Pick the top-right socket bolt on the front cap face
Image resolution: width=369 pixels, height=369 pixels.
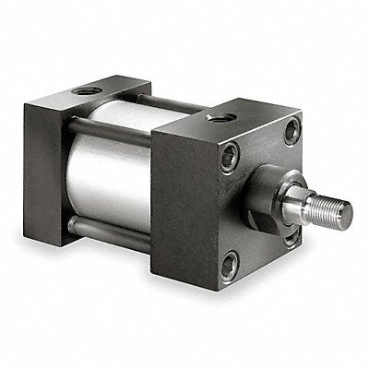pos(292,131)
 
